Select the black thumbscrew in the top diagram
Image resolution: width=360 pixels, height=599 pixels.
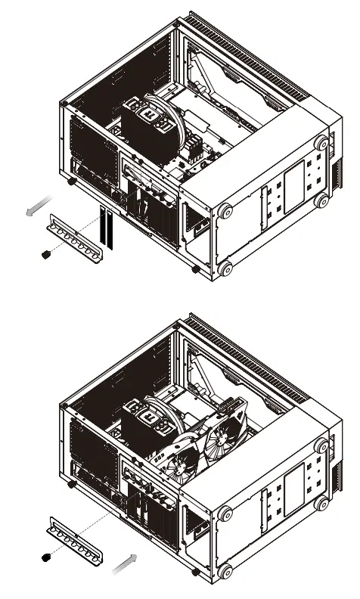45,255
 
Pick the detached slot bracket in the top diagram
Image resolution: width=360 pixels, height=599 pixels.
76,236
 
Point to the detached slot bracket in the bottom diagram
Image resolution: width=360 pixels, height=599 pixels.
74,538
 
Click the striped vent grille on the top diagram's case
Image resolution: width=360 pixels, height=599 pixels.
250,53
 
